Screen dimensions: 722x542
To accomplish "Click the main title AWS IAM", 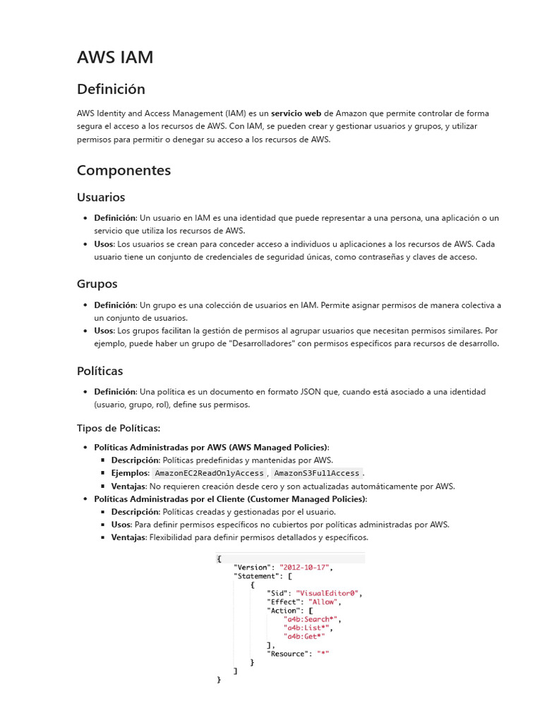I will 114,57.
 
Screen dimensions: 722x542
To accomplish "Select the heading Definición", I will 111,89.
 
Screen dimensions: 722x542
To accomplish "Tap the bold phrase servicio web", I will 296,114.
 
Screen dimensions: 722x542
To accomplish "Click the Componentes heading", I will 124,170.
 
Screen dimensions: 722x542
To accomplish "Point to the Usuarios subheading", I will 101,197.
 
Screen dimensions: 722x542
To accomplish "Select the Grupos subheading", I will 97,284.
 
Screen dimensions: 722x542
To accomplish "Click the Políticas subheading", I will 100,371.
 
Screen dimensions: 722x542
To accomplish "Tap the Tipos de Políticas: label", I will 119,428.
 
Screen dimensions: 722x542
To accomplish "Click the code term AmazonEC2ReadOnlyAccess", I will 209,473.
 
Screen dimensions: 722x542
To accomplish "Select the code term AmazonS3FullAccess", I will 316,473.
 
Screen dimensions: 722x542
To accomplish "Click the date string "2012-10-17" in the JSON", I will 305,567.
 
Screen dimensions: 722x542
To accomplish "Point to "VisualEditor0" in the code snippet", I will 328,593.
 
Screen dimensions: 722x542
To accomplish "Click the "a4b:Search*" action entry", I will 311,619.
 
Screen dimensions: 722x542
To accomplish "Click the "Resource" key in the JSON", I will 289,654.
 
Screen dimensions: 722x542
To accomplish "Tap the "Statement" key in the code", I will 257,576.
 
